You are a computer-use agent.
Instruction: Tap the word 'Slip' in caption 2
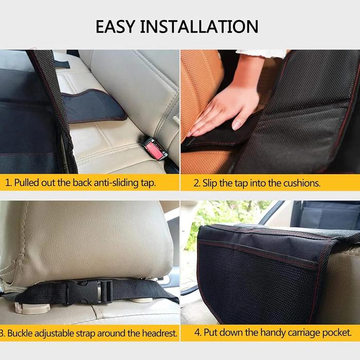[x=212, y=183]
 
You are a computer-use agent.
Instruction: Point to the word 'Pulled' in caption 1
[x=27, y=183]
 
